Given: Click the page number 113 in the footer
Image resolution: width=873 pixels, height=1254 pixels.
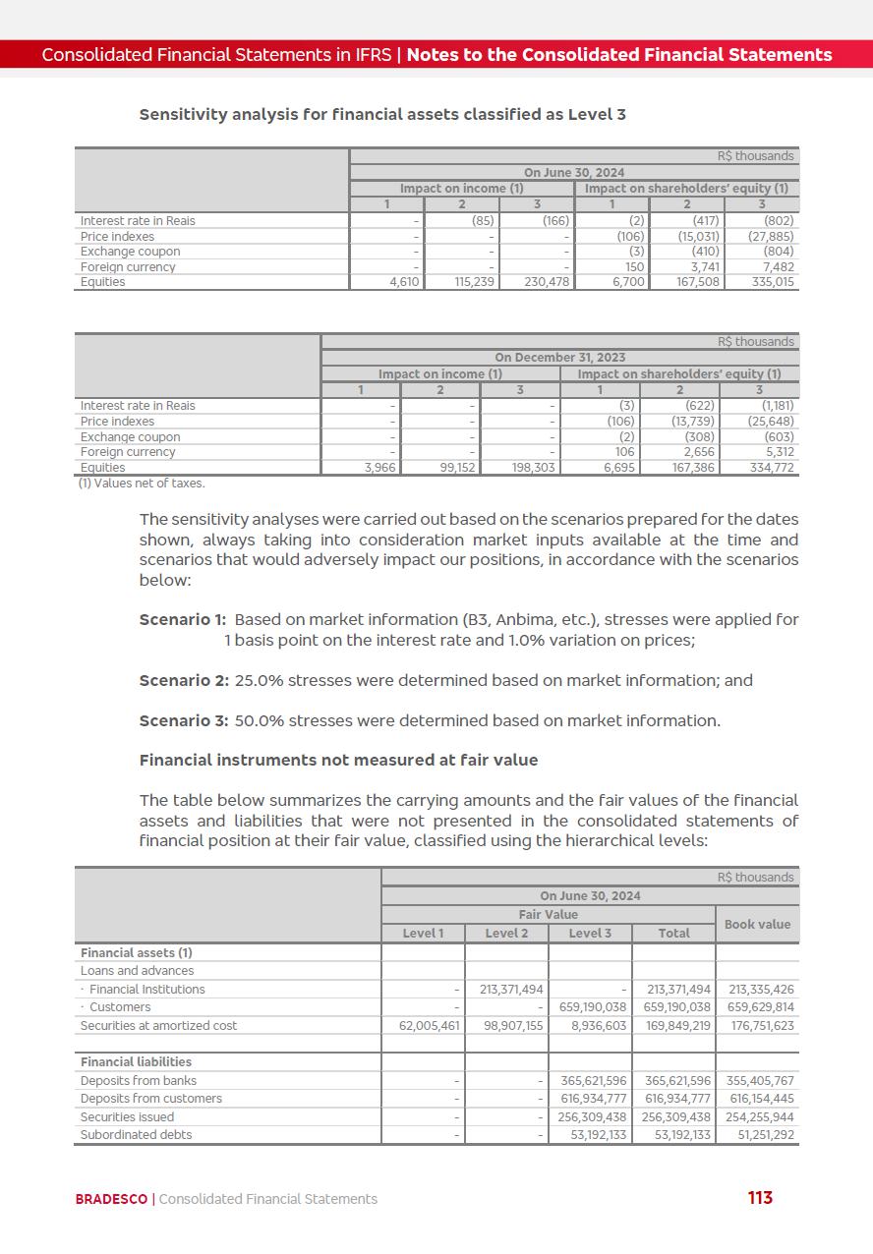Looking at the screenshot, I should (x=760, y=1197).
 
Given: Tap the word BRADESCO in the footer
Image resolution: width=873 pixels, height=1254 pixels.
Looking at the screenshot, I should (x=111, y=1199).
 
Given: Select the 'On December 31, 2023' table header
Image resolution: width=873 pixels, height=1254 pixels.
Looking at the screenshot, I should (x=559, y=358).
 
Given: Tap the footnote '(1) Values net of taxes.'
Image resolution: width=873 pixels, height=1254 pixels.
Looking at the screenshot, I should (x=142, y=484).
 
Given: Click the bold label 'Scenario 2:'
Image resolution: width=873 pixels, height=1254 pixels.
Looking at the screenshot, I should (x=184, y=680).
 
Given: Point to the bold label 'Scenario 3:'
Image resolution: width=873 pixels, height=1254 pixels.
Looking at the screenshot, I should (x=184, y=720).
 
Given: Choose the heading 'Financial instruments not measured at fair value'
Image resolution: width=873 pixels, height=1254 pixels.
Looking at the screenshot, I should (x=338, y=760).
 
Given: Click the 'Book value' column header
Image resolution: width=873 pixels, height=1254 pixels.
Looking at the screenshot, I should (x=757, y=924).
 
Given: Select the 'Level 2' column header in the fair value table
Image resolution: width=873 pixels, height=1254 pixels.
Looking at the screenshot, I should (x=506, y=933).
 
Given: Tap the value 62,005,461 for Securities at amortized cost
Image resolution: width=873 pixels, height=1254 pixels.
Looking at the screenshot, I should (x=424, y=1025).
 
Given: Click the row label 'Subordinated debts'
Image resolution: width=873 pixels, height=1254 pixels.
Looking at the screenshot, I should (x=136, y=1135).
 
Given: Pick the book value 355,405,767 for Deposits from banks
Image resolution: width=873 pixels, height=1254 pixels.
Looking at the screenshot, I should (x=757, y=1081).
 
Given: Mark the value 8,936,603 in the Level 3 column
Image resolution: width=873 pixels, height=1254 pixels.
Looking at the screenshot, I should (x=591, y=1025).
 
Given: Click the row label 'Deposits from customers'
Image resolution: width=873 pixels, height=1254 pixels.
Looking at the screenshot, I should (x=150, y=1099).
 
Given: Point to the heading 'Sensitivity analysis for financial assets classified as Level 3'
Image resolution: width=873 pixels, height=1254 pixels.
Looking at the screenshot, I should (x=382, y=114).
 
